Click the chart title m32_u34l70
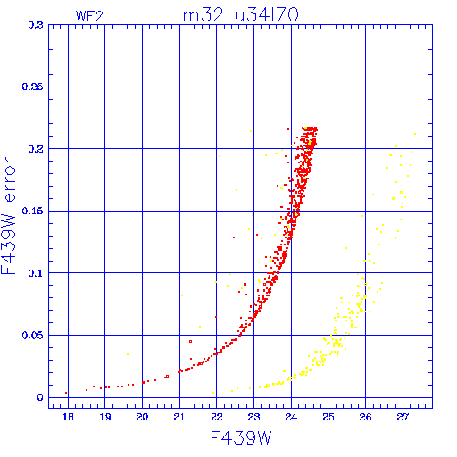(x=240, y=15)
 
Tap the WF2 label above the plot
(x=89, y=16)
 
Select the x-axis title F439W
(x=241, y=437)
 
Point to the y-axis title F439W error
(x=8, y=216)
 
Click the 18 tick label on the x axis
(x=68, y=417)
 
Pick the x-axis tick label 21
(x=179, y=417)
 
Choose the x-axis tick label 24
(x=291, y=417)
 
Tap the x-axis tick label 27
(x=403, y=417)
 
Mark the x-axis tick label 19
(x=105, y=417)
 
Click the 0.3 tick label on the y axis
(x=36, y=25)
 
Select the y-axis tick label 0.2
(x=36, y=149)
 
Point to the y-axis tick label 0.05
(x=32, y=336)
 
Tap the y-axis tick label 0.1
(x=36, y=273)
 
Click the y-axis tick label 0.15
(x=32, y=211)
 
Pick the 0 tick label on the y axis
(x=40, y=397)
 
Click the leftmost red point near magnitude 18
(x=66, y=393)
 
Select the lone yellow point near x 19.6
(x=128, y=353)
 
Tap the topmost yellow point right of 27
(x=415, y=134)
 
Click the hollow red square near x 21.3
(x=191, y=341)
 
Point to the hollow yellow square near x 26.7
(x=393, y=198)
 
